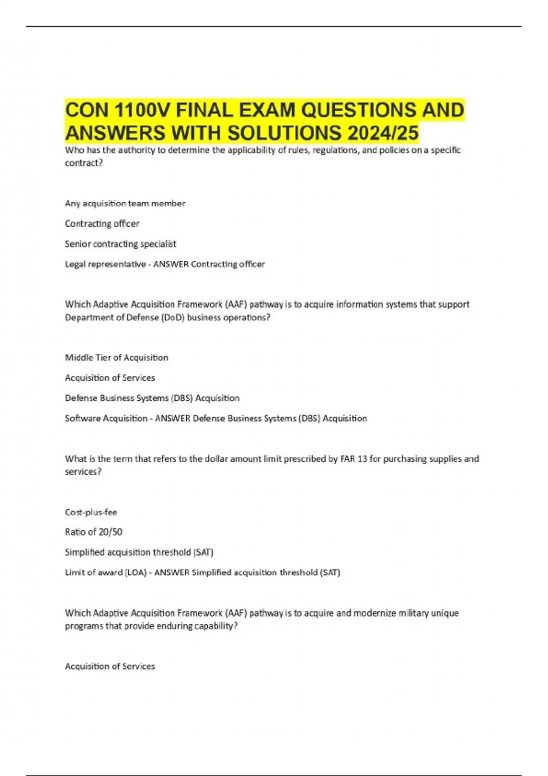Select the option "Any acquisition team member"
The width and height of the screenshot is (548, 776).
pos(125,203)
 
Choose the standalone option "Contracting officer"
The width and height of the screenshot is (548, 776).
pos(102,223)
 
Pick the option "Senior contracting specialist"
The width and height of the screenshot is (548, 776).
pos(120,244)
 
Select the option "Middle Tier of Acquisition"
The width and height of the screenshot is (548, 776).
pos(116,357)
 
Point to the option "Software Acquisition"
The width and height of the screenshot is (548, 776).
pos(106,418)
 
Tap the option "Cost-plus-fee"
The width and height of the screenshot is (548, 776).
pos(91,512)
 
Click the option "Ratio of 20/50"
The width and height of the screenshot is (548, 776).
pos(94,532)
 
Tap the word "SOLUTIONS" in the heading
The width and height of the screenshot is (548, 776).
pos(284,133)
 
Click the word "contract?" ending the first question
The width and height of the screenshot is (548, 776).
pos(84,163)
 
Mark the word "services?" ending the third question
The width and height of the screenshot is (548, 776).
pos(83,472)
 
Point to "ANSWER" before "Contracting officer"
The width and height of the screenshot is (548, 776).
pos(171,264)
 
